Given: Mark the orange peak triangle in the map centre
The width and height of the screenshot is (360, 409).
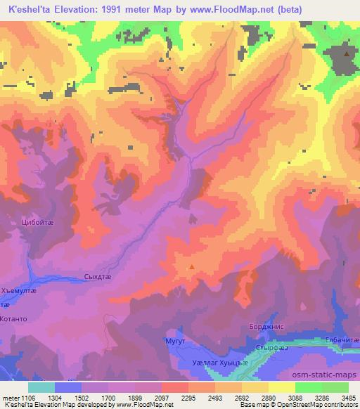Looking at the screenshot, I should (x=191, y=267).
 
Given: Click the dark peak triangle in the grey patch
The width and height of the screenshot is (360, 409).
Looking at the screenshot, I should (x=346, y=53).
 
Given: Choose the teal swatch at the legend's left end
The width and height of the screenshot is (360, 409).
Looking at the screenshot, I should (x=41, y=387).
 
